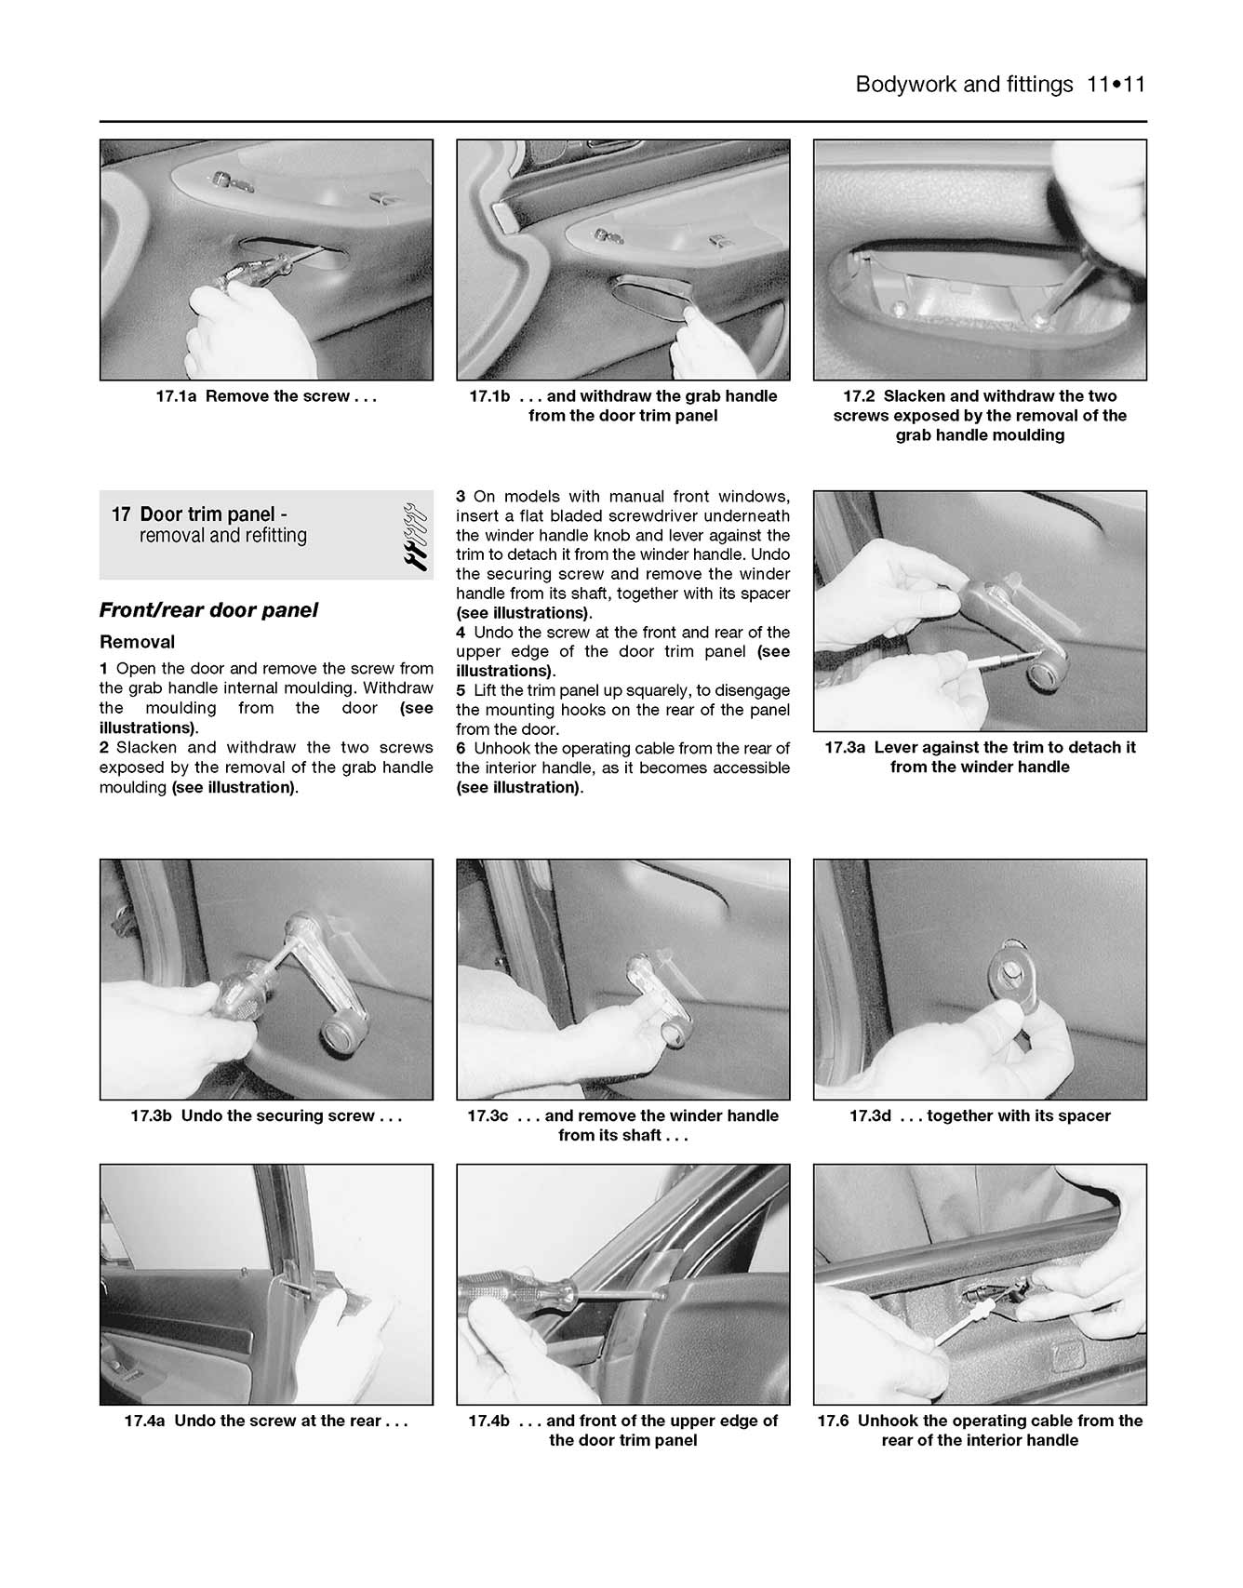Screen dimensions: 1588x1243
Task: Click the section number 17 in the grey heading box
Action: coord(120,515)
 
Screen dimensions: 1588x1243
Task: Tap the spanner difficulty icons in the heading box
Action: coord(415,537)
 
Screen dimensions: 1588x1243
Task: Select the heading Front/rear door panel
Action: coord(208,610)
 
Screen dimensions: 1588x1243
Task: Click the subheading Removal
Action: coord(137,642)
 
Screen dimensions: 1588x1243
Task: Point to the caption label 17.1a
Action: coord(176,396)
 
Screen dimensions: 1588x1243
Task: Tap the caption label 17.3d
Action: coord(870,1115)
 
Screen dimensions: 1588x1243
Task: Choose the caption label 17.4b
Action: coord(488,1421)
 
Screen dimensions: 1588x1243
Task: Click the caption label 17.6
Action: coord(835,1421)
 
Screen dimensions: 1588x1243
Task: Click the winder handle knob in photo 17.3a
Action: coord(1046,672)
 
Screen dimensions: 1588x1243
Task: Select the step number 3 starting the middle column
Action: coord(461,497)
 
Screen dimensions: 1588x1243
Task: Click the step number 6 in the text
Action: coord(461,748)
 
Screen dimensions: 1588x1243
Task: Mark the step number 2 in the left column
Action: coord(104,748)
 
